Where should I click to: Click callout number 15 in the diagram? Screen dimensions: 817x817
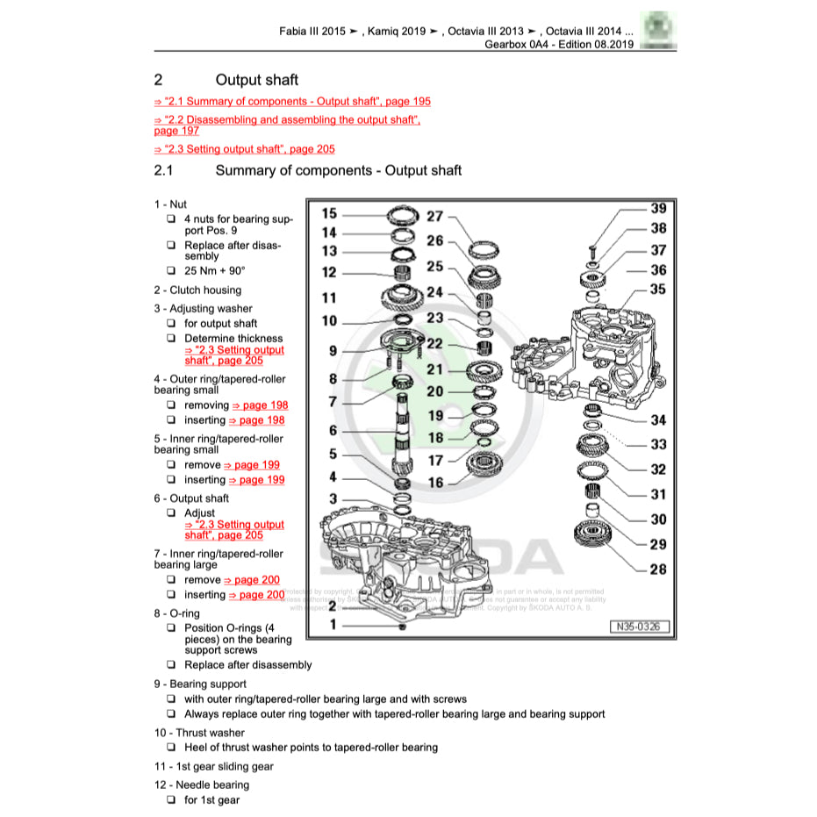[x=329, y=213]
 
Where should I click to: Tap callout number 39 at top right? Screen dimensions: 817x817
[x=657, y=208]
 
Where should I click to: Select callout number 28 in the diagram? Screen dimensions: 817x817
[x=657, y=570]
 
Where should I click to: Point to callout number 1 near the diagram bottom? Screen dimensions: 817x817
[x=333, y=625]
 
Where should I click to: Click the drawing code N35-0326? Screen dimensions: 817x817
[x=640, y=627]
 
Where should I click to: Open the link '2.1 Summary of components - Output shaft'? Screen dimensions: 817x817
[x=292, y=101]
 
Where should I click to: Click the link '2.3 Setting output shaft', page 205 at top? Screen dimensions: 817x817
[x=244, y=149]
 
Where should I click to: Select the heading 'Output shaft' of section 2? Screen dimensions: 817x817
[x=256, y=80]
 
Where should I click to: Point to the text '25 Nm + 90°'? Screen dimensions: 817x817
[x=215, y=271]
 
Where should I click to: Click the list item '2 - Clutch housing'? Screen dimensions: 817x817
[x=197, y=290]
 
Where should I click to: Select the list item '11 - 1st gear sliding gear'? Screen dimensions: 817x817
[x=213, y=766]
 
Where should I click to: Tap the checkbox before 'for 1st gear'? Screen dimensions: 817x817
[x=171, y=800]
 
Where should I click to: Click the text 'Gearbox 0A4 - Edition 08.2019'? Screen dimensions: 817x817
[x=558, y=44]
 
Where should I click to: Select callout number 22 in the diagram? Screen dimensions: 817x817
[x=435, y=343]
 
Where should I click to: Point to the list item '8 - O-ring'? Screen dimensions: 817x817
[x=176, y=613]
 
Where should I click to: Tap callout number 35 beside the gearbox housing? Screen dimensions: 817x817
[x=657, y=289]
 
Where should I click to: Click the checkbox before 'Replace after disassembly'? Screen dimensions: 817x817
[x=171, y=665]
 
